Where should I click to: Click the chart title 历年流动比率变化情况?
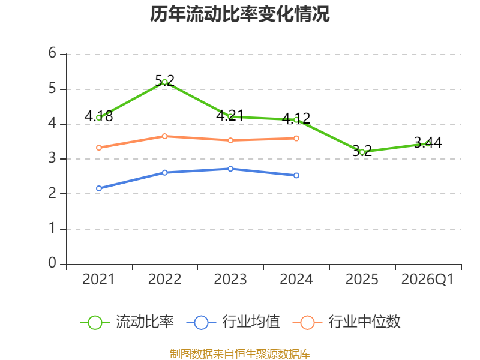pos(239,14)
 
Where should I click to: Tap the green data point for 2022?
pos(164,82)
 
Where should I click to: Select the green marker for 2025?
pos(362,152)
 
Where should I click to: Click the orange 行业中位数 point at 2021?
pos(99,148)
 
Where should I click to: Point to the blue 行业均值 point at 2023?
pos(230,169)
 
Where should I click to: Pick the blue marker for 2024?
pos(296,175)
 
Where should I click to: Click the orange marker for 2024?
pos(296,139)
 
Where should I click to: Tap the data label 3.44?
pos(428,143)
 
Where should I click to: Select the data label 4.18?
pos(98,116)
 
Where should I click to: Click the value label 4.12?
pos(296,118)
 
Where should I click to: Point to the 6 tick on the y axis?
pos(52,53)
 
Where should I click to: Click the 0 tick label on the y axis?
pos(52,263)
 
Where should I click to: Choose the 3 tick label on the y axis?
pos(52,158)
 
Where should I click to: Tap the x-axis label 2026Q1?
pos(427,280)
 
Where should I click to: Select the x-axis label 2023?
pos(230,280)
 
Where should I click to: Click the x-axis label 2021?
pos(98,280)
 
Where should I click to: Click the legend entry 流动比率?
pos(127,322)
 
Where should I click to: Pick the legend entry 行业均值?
pos(233,322)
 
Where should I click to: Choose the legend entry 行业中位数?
pos(347,322)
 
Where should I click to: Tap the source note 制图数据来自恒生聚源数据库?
pos(239,354)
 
